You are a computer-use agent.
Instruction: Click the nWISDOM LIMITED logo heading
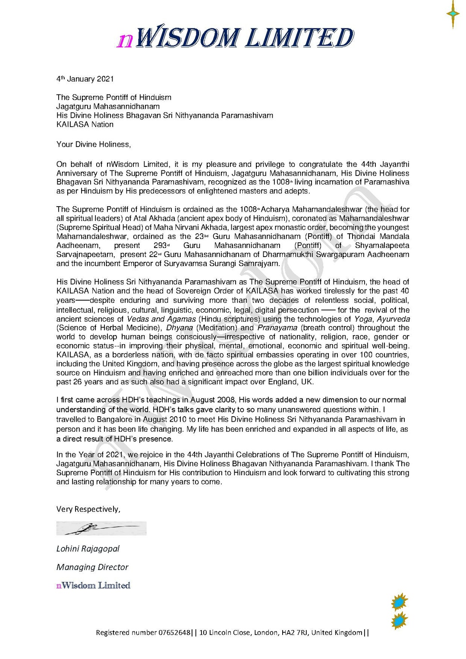pyautogui.click(x=236, y=38)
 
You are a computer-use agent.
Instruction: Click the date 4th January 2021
pyautogui.click(x=85, y=79)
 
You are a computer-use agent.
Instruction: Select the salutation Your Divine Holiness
pyautogui.click(x=93, y=144)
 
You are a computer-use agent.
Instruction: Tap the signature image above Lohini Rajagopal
pyautogui.click(x=101, y=528)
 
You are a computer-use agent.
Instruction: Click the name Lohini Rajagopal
pyautogui.click(x=88, y=549)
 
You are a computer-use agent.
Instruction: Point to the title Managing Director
pyautogui.click(x=92, y=567)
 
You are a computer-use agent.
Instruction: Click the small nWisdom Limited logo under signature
pyautogui.click(x=93, y=585)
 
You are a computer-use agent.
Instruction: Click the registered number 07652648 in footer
pyautogui.click(x=174, y=633)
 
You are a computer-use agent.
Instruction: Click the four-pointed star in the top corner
pyautogui.click(x=453, y=14)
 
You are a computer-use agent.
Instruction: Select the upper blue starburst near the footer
pyautogui.click(x=400, y=602)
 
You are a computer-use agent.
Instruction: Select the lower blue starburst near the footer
pyautogui.click(x=400, y=621)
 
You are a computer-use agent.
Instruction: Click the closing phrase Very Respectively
pyautogui.click(x=88, y=509)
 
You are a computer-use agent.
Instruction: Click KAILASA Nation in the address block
pyautogui.click(x=85, y=125)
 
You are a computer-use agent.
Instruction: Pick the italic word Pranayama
pyautogui.click(x=277, y=328)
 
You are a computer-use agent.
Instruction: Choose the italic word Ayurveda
pyautogui.click(x=393, y=319)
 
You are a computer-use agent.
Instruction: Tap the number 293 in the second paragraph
pyautogui.click(x=161, y=245)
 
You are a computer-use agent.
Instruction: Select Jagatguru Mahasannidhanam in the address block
pyautogui.click(x=108, y=107)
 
